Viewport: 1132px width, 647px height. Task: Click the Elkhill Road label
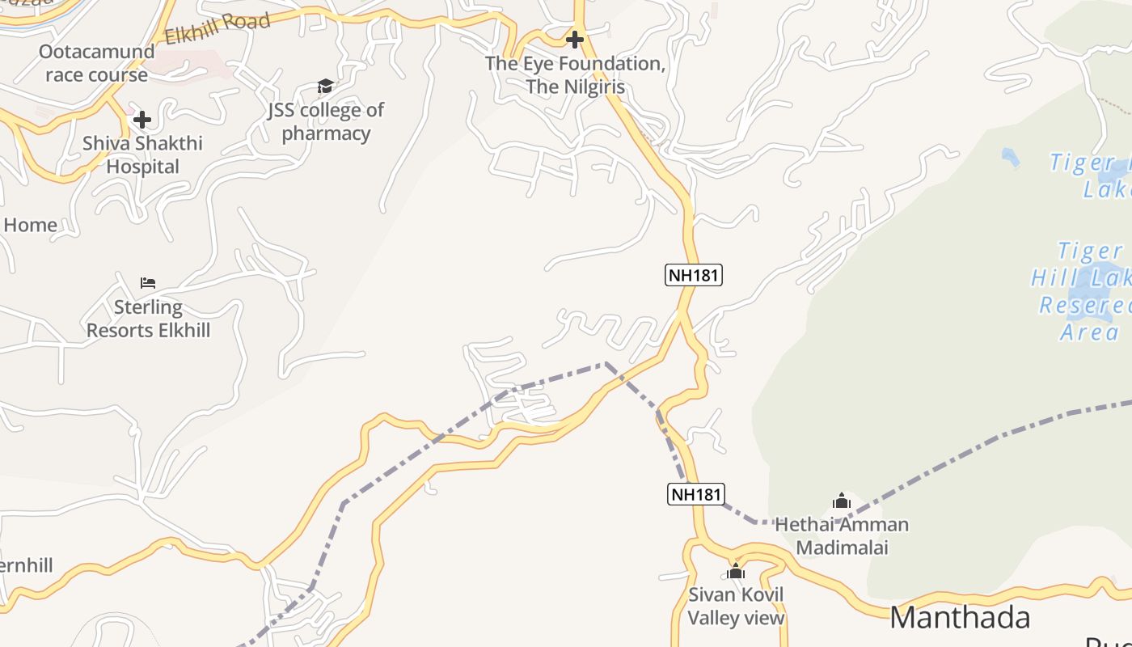[x=217, y=30]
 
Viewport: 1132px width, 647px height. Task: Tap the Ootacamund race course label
[x=97, y=63]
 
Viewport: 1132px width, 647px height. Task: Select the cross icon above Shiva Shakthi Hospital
[x=142, y=121]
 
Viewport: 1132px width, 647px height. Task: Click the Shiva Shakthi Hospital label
[x=142, y=155]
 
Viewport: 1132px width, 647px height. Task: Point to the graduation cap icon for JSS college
[x=325, y=86]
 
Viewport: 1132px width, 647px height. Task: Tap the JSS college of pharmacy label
[x=326, y=121]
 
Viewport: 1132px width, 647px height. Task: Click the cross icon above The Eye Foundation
[x=574, y=39]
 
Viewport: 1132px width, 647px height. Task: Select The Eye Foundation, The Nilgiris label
[x=575, y=74]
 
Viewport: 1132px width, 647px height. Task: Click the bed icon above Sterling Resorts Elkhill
[x=148, y=283]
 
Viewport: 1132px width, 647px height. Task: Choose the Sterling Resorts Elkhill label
[x=148, y=319]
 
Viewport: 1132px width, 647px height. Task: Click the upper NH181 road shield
[x=693, y=275]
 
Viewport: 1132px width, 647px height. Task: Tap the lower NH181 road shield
[x=695, y=493]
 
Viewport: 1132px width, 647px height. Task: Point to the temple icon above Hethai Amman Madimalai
[x=842, y=501]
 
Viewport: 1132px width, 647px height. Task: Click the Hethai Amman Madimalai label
[x=842, y=536]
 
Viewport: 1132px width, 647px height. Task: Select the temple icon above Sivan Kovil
[x=735, y=571]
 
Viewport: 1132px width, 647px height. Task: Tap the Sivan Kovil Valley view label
[x=736, y=607]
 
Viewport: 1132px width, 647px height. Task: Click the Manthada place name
[x=960, y=617]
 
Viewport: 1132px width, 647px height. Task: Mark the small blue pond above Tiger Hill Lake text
[x=1010, y=156]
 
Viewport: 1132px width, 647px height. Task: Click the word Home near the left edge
[x=30, y=225]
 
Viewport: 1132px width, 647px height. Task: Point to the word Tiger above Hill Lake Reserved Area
[x=1090, y=251]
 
